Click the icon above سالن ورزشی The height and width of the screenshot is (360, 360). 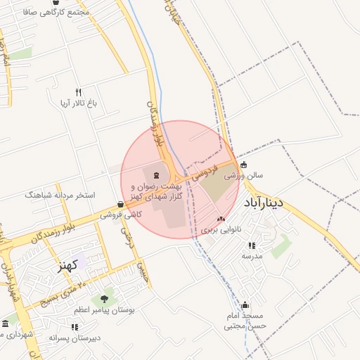(x=244, y=165)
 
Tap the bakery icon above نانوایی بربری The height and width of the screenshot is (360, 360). (x=221, y=219)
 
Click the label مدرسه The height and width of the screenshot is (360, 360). (x=252, y=256)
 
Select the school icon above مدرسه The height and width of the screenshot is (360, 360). (x=251, y=245)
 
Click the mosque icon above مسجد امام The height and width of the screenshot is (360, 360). (x=245, y=305)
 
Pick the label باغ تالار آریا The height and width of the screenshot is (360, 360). (x=77, y=103)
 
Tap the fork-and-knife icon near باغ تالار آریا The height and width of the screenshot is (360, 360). (x=78, y=92)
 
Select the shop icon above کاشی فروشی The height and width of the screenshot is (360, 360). (x=121, y=204)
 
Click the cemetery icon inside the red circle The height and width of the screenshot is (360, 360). (x=155, y=174)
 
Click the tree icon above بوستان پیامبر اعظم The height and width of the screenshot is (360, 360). (x=104, y=300)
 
